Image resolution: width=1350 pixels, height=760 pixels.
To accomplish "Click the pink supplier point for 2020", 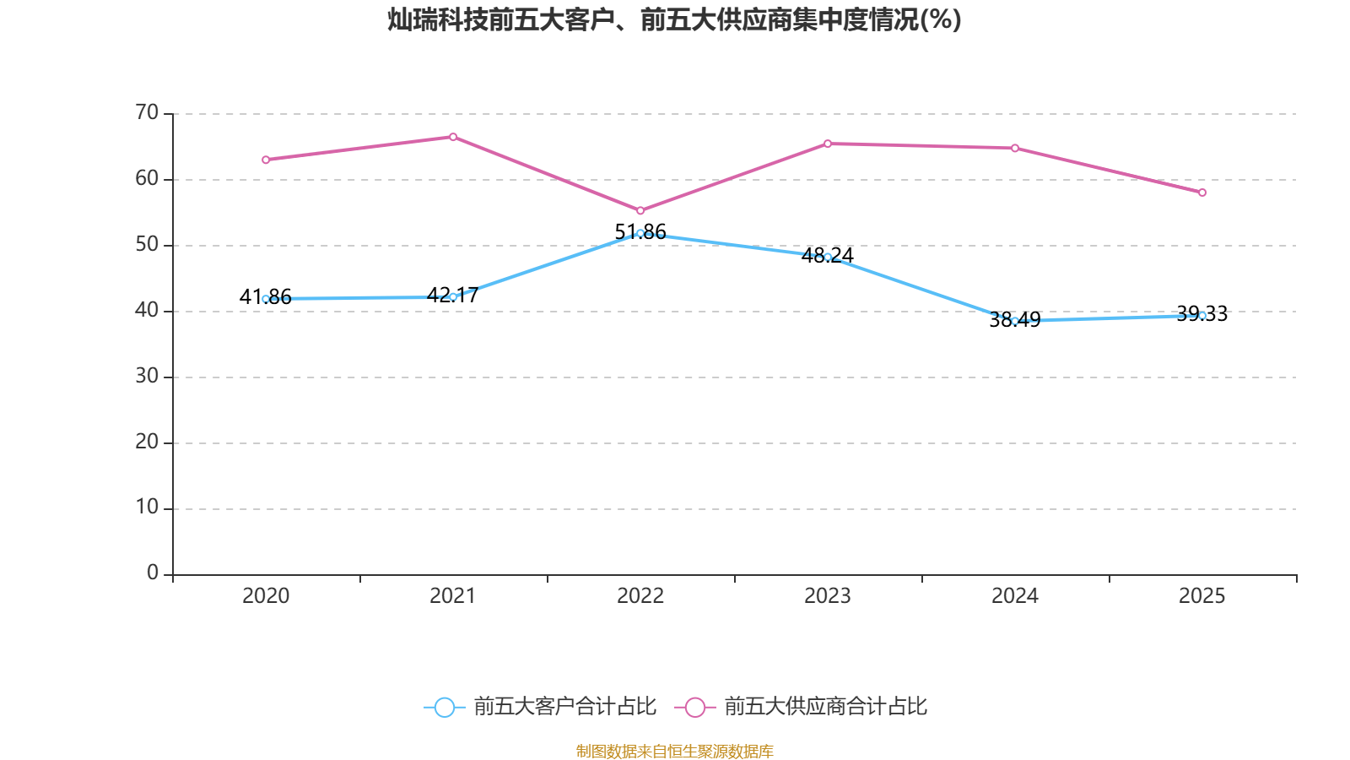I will coord(266,160).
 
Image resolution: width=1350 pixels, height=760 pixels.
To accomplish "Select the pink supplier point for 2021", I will coord(453,137).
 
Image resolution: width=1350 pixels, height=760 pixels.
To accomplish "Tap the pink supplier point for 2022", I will coord(640,211).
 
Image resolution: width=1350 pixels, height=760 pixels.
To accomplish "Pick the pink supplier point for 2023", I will coord(828,144).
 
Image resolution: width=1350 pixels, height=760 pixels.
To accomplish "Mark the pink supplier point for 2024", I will coord(1015,149).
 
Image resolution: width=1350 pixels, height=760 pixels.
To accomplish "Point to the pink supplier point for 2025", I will coord(1202,193).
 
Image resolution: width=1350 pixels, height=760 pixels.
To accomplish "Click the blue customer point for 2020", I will coord(266,299).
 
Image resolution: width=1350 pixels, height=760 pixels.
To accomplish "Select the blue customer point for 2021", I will coord(453,297).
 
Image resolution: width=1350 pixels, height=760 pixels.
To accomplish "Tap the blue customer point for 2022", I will coord(640,233).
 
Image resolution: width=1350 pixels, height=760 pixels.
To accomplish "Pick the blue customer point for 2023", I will coord(828,257).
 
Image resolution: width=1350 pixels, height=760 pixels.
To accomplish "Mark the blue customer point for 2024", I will coord(1015,321).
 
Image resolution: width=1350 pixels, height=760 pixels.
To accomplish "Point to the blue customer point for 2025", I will coord(1202,315).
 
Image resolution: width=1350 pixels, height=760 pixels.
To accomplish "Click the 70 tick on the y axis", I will coord(147,112).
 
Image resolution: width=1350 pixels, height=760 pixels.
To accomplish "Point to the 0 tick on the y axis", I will coord(153,573).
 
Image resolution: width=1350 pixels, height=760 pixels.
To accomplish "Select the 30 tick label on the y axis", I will coord(147,376).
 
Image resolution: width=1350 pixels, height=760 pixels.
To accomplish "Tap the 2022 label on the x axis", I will coord(640,596).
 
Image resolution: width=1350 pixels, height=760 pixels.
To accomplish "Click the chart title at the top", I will coord(674,20).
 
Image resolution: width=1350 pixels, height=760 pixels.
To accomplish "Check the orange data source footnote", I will coord(674,751).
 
